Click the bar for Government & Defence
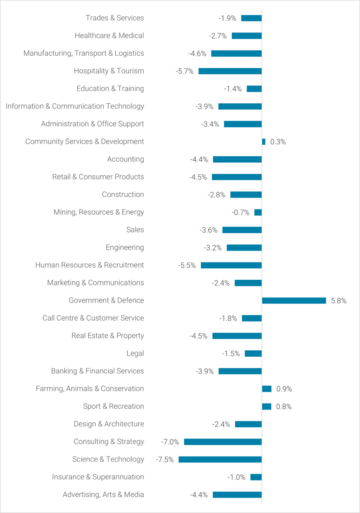[294, 301]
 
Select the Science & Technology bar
[220, 459]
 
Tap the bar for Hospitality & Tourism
[230, 71]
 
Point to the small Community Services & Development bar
[263, 141]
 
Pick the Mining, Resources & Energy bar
[258, 212]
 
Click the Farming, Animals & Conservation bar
[267, 389]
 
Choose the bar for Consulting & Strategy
[223, 442]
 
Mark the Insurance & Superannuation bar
[256, 477]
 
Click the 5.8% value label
[339, 301]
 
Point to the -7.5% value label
[165, 459]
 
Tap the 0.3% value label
[278, 142]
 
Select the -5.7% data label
[185, 71]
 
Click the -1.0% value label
[237, 477]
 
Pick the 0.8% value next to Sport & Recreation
[284, 406]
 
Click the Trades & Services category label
[115, 18]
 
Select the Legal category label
[135, 353]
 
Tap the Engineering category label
[125, 247]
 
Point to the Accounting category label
[125, 159]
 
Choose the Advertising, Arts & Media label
[103, 495]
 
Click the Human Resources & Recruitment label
[90, 265]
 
